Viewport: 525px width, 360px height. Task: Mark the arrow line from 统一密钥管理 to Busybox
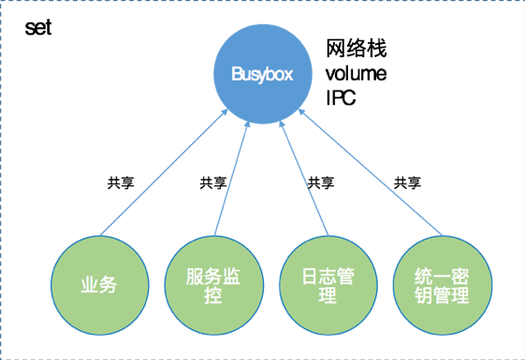coord(370,173)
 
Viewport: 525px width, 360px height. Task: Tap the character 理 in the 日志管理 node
coord(328,297)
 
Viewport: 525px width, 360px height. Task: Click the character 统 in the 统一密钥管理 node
coord(422,277)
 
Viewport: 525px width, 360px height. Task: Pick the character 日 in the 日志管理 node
coord(310,277)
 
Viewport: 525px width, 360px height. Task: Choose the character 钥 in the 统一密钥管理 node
coord(422,297)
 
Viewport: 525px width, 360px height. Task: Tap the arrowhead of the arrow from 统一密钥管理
coord(300,112)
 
